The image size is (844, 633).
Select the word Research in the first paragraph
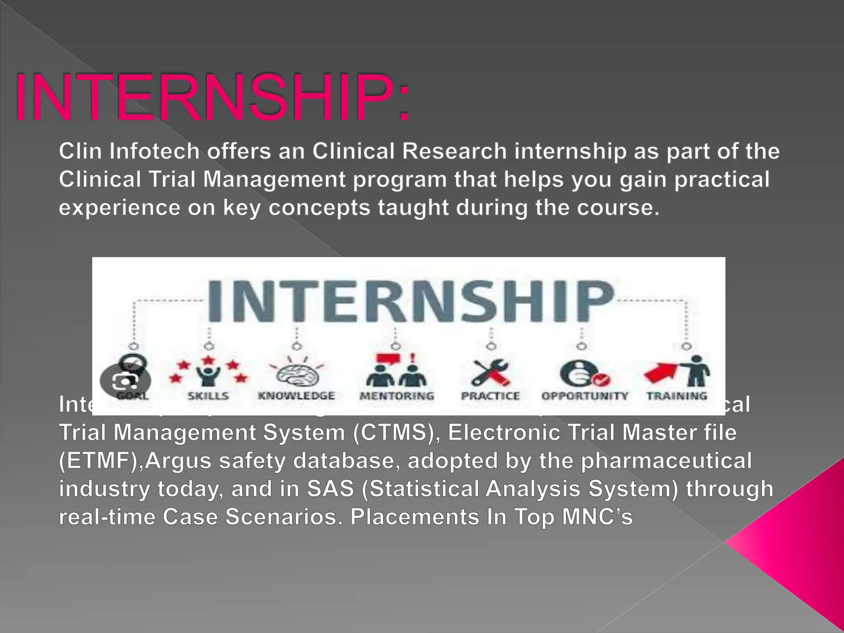tap(454, 151)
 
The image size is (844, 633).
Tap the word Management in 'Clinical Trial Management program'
tap(274, 179)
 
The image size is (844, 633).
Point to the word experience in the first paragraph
tap(120, 207)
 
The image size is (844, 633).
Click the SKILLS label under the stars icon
tap(208, 396)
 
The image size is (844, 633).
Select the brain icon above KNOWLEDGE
tap(297, 373)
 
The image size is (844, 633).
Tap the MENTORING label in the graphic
tap(397, 396)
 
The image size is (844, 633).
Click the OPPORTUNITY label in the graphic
tap(584, 396)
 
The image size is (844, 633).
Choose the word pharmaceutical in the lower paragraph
tap(666, 461)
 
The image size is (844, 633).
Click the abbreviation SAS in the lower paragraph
tap(331, 489)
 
